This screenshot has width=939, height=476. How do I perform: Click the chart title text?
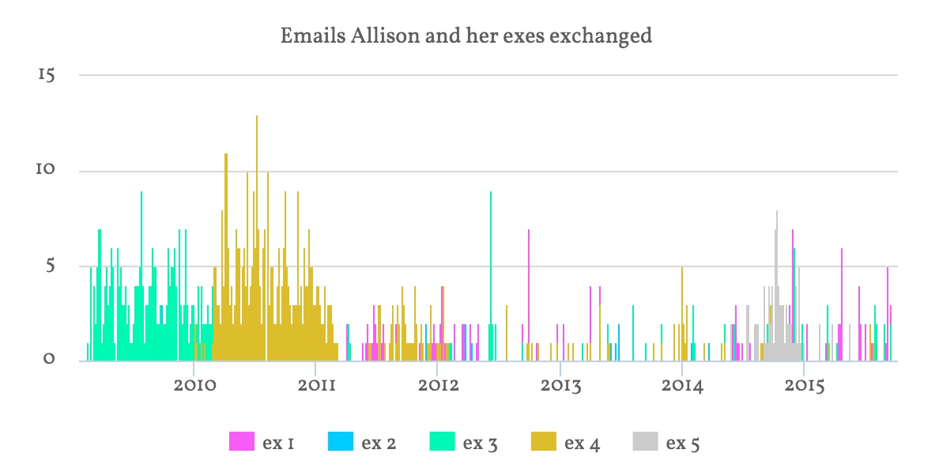click(466, 36)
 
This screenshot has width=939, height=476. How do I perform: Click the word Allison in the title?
click(385, 36)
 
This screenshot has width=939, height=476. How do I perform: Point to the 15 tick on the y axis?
click(46, 75)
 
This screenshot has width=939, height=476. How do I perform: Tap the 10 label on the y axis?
click(46, 169)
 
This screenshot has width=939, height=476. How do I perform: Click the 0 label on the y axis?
click(49, 358)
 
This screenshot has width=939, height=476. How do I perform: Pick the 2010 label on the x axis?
click(194, 385)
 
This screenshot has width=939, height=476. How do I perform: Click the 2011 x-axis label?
click(317, 385)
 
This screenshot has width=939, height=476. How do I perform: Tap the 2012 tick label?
click(439, 385)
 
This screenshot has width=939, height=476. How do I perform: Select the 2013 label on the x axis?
click(561, 386)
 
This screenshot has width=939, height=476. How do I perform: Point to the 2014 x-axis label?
click(683, 386)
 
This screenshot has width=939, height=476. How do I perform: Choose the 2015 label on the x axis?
click(805, 386)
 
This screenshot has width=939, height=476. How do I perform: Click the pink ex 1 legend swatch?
click(241, 442)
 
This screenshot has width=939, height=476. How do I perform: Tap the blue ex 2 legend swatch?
click(341, 442)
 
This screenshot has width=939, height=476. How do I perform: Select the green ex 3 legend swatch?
click(442, 442)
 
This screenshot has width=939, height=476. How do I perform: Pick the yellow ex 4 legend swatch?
click(543, 442)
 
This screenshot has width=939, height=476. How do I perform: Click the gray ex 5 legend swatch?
click(645, 442)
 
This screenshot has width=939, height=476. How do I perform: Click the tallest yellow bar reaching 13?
click(257, 238)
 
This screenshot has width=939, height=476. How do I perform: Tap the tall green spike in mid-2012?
click(491, 276)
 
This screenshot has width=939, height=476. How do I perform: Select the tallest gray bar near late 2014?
click(777, 285)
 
